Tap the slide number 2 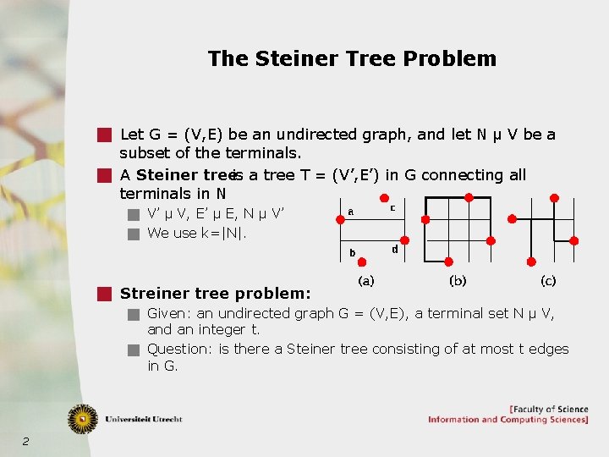click(x=26, y=441)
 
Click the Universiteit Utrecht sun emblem click(x=83, y=419)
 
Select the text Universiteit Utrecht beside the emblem click(x=144, y=419)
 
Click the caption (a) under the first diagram click(x=366, y=280)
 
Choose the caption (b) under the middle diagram click(x=458, y=280)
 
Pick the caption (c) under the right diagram click(x=547, y=280)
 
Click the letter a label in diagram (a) click(x=350, y=212)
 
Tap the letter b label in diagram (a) click(x=353, y=252)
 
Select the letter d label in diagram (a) click(x=394, y=249)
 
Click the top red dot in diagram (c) click(x=554, y=198)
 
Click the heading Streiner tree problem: click(x=216, y=294)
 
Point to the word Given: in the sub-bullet click(x=169, y=313)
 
